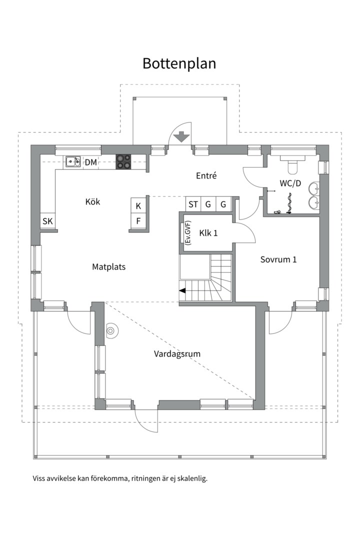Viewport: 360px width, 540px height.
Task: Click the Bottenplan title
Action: [179, 64]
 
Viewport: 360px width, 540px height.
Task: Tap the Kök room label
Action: [92, 201]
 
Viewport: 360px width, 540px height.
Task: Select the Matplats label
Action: [109, 267]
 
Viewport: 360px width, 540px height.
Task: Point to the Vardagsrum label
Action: [177, 353]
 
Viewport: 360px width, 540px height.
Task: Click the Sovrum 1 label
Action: [278, 259]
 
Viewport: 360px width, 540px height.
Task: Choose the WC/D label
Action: [290, 183]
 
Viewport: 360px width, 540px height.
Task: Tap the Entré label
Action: [206, 175]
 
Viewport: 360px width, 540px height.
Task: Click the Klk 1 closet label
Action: [208, 233]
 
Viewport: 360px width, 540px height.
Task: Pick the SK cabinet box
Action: [47, 221]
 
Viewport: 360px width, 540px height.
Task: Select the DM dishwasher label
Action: [91, 162]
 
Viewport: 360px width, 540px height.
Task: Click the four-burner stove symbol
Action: [123, 161]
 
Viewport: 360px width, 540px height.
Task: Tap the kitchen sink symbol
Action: [73, 161]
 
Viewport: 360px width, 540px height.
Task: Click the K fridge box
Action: [138, 206]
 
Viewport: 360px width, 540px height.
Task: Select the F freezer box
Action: [138, 221]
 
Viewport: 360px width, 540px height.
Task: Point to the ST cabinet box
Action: [193, 204]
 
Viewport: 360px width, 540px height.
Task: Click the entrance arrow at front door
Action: [181, 137]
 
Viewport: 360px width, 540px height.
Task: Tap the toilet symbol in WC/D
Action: [292, 164]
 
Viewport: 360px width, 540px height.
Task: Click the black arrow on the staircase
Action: [182, 290]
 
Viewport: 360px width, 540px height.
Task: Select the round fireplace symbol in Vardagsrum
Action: [111, 331]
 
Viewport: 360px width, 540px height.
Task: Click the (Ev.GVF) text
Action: [188, 232]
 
